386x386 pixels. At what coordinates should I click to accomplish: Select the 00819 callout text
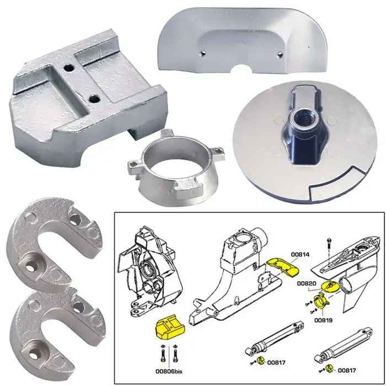(323, 319)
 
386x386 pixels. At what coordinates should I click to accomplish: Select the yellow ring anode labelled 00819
(319, 302)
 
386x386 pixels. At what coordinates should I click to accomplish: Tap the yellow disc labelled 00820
(332, 285)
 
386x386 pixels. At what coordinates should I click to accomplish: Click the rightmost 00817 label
(347, 370)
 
